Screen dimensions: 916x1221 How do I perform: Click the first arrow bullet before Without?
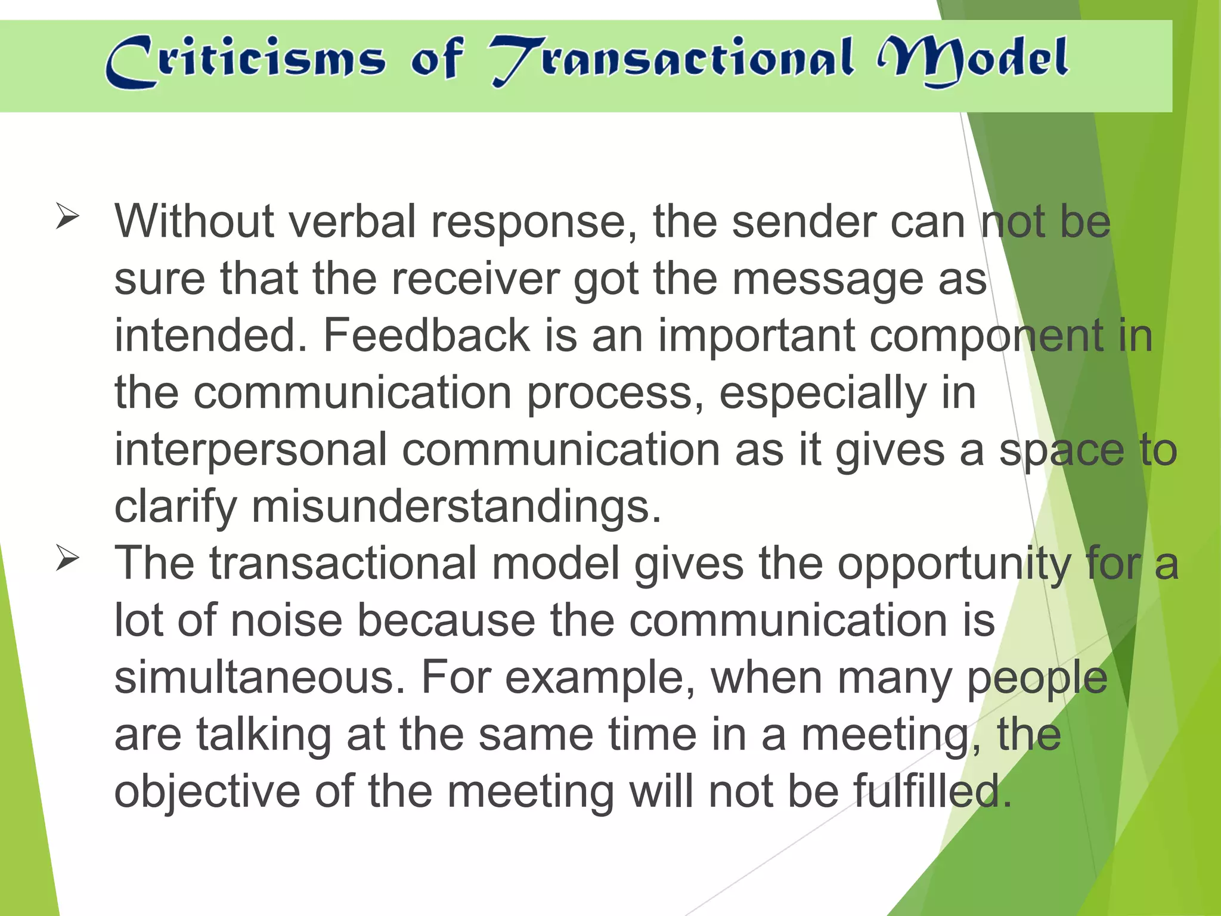click(67, 216)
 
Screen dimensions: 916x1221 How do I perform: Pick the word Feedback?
click(426, 336)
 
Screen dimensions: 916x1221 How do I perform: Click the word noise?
click(287, 621)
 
